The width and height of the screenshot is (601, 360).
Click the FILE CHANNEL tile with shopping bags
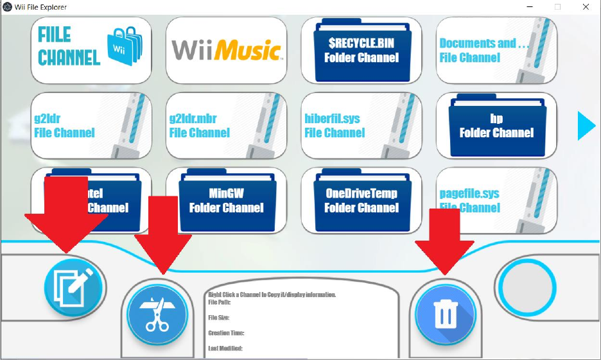click(x=91, y=49)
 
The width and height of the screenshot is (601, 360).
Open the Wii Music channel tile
click(x=226, y=49)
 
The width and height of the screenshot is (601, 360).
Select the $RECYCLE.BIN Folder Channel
click(x=361, y=49)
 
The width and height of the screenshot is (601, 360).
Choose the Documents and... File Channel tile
click(x=496, y=49)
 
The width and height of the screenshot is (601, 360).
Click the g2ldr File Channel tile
click(x=91, y=125)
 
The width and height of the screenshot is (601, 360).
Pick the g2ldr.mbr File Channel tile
click(x=226, y=125)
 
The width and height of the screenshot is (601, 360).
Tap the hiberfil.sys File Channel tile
click(x=361, y=125)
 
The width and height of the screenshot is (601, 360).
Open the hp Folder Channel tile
click(x=496, y=125)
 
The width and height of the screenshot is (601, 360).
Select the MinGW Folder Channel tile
click(x=226, y=200)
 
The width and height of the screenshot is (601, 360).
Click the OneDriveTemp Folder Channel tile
click(x=361, y=200)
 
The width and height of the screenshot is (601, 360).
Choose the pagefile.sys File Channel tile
click(x=496, y=200)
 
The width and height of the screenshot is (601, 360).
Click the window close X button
click(x=586, y=7)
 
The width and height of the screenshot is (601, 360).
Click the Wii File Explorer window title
click(x=40, y=7)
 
